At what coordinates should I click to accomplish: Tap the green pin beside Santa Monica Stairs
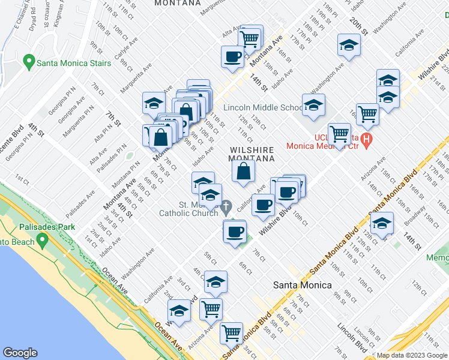coord(28,62)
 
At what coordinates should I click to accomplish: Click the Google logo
coord(20,353)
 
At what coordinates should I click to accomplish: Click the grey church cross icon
coord(226,208)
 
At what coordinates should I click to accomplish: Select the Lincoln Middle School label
coord(264,107)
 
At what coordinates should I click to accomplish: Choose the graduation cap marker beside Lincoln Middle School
coord(313,106)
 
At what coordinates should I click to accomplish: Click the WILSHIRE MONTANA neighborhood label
coord(252,154)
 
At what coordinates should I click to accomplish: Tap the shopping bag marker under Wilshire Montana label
coord(243,172)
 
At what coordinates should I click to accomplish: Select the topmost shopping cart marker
coord(249,39)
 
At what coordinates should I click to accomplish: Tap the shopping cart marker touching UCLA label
coord(339,134)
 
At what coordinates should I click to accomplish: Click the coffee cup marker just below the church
coord(235,231)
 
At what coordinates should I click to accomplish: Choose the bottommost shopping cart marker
coord(231,332)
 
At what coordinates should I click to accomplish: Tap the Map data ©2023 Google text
coord(412,355)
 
